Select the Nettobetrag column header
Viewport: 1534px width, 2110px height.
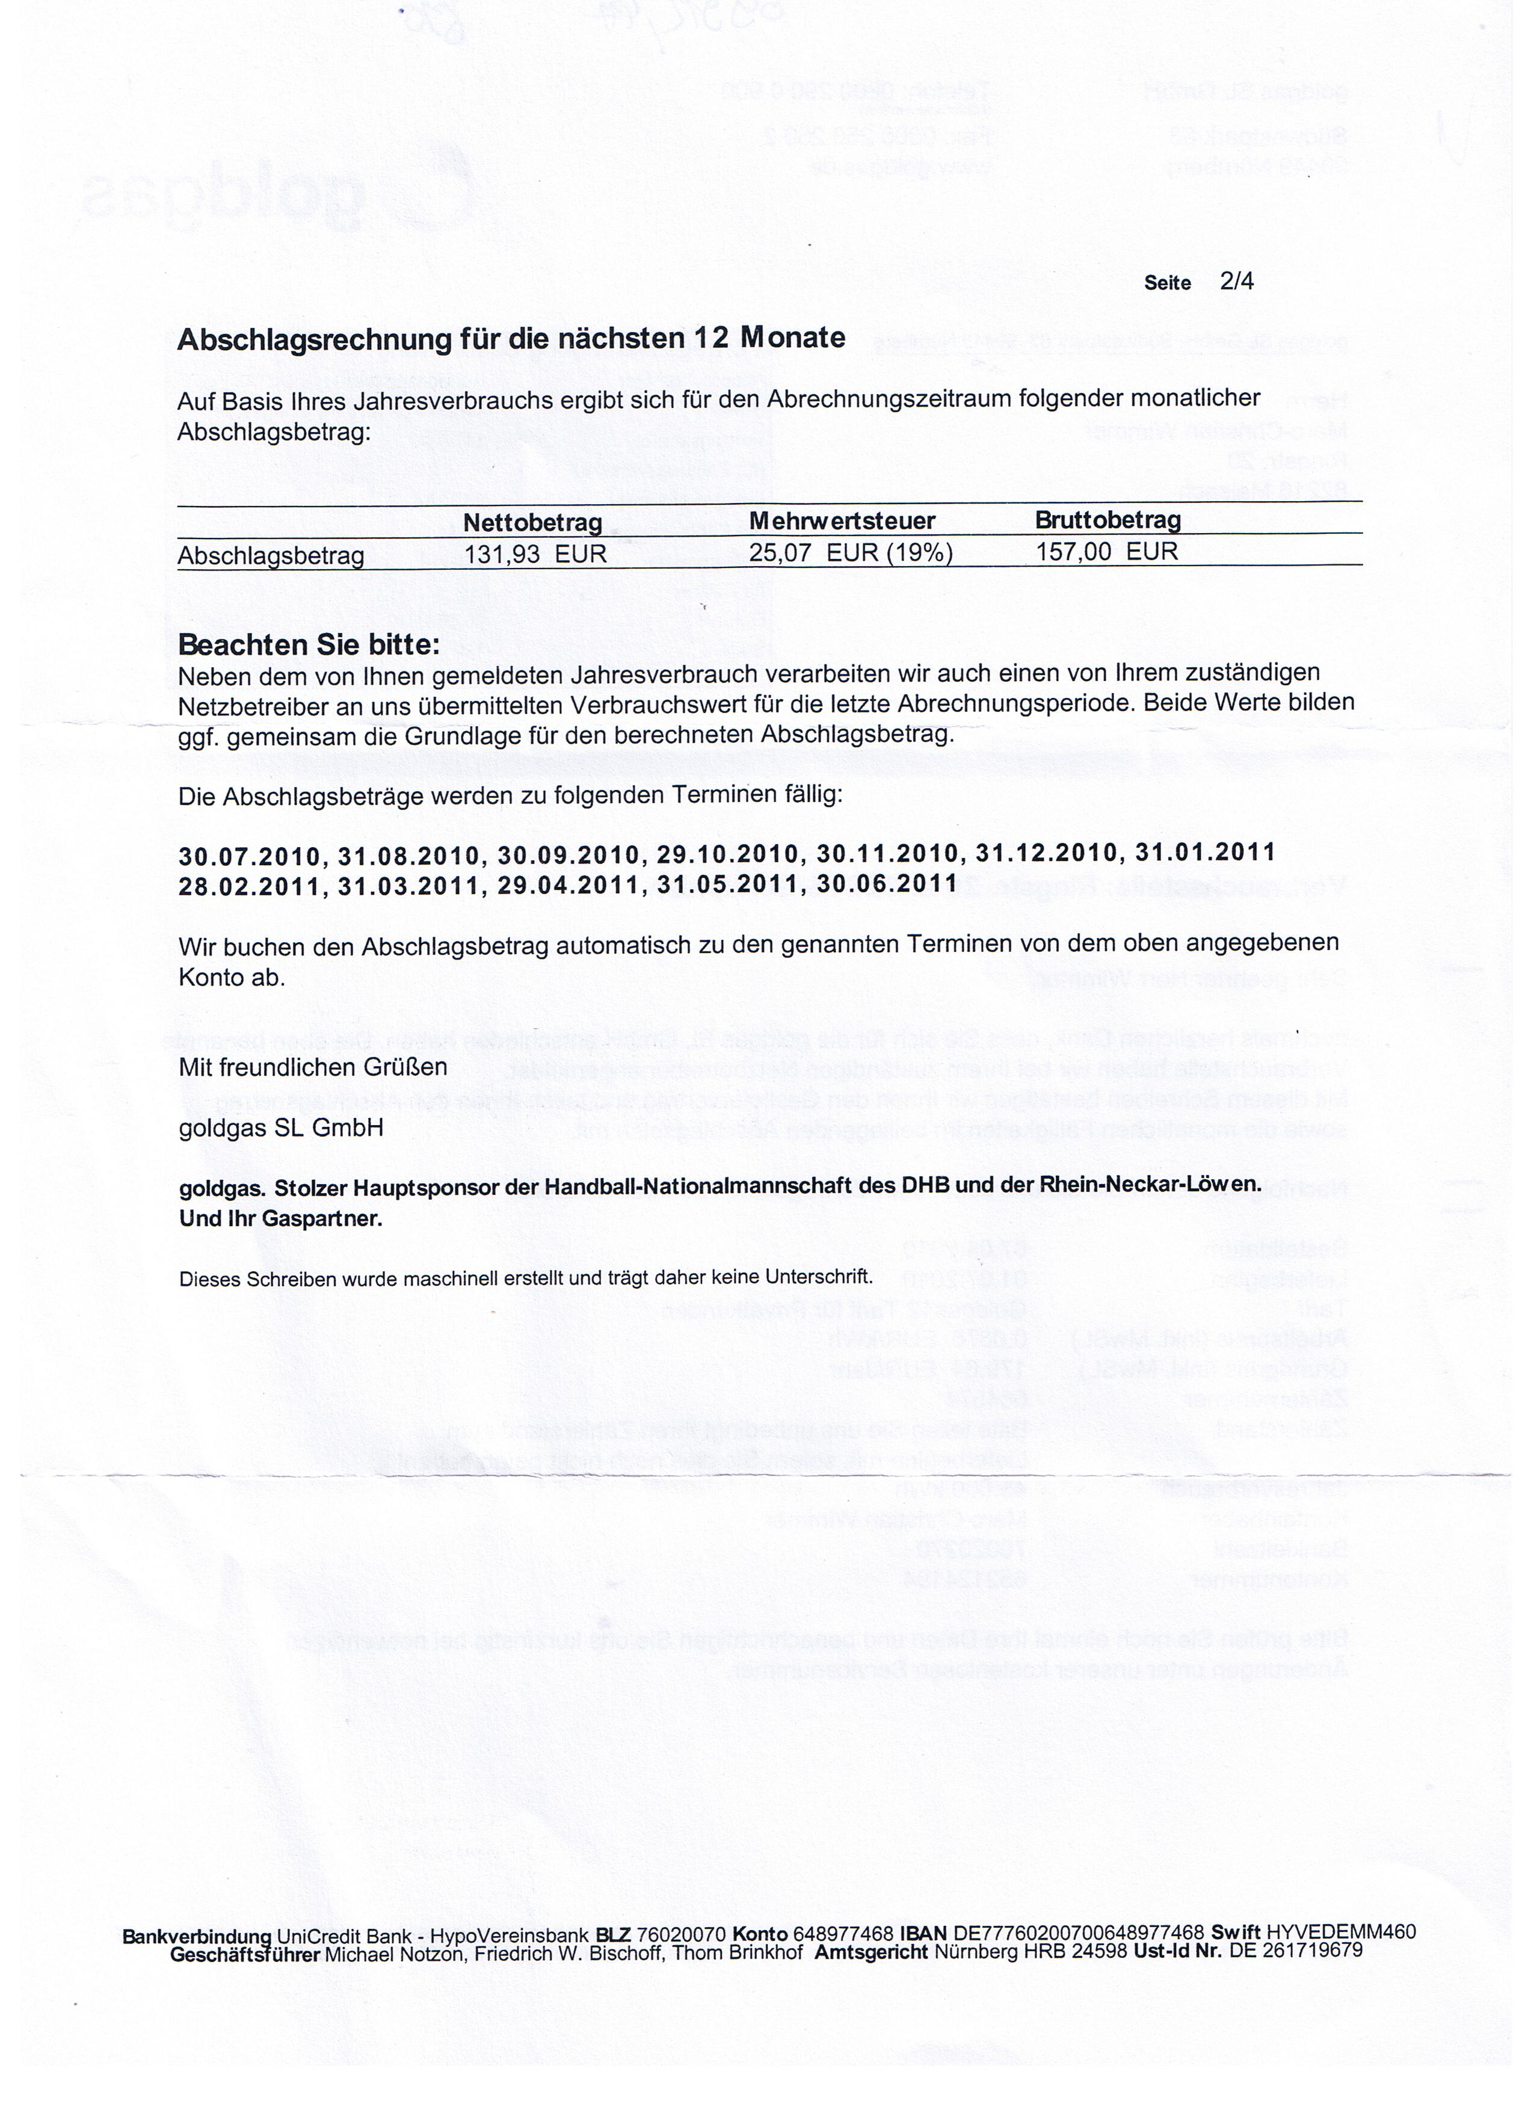tap(532, 523)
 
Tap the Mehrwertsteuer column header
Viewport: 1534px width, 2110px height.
tap(842, 521)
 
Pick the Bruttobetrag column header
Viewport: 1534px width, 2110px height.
tap(1108, 519)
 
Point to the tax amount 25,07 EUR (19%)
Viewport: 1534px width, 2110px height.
tap(851, 552)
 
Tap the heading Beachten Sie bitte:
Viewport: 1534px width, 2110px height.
tap(309, 644)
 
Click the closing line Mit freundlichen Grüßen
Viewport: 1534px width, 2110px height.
tap(313, 1067)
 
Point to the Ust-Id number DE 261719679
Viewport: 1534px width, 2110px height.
tap(1296, 1951)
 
